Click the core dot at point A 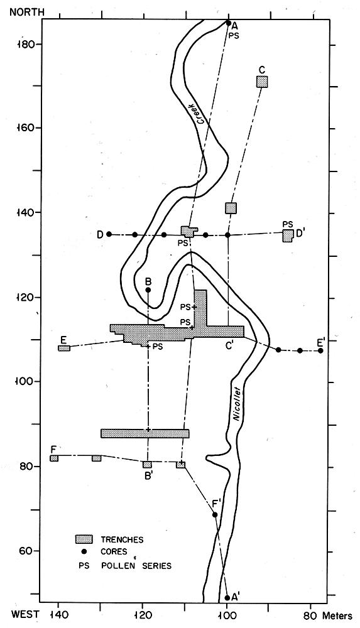coord(229,23)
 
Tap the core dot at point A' coord(227,598)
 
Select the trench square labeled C coord(262,81)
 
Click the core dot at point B coord(148,290)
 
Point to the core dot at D coord(109,234)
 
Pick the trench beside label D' coord(288,236)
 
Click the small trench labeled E coord(64,348)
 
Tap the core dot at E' coord(320,351)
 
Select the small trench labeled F coord(54,458)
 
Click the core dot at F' coord(215,515)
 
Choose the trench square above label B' coord(148,465)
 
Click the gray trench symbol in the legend coord(84,539)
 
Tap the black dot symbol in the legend coord(84,551)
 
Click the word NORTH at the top coord(27,11)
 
